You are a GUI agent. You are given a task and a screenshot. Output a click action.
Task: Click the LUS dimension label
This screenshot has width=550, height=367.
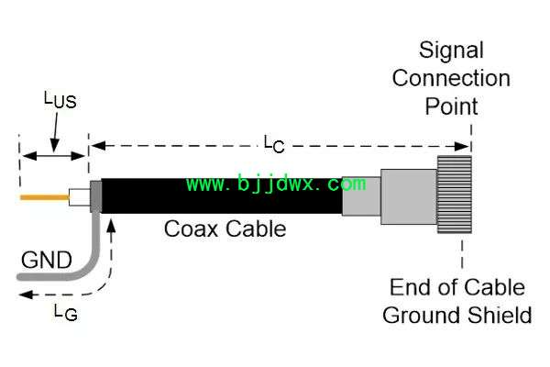click(60, 100)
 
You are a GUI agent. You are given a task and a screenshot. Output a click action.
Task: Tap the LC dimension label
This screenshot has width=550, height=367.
click(274, 144)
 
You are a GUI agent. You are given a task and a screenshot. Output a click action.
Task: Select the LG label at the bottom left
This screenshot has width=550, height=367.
click(66, 313)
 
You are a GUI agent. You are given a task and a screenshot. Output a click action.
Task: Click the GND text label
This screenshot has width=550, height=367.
click(47, 261)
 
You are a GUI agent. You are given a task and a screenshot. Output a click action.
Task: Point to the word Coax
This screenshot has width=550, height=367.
click(192, 228)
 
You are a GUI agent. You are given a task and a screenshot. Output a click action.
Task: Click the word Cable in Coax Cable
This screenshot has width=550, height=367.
click(256, 228)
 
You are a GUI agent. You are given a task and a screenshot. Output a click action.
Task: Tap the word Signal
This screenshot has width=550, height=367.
click(451, 51)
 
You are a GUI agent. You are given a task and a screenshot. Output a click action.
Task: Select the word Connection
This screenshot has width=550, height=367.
click(451, 78)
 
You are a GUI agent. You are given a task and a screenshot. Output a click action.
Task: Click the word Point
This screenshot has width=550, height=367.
click(451, 106)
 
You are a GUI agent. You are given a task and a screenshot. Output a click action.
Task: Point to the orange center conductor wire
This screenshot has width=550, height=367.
click(45, 198)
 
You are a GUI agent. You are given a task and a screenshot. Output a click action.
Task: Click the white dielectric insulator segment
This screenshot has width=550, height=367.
click(80, 197)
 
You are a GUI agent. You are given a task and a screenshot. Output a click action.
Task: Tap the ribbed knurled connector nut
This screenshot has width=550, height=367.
click(455, 195)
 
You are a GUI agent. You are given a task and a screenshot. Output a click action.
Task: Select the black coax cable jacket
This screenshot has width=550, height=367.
click(222, 196)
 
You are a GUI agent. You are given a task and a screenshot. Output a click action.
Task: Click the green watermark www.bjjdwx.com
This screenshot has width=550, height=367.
click(276, 183)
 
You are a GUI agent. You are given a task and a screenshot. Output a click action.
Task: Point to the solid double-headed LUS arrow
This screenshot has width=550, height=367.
click(54, 156)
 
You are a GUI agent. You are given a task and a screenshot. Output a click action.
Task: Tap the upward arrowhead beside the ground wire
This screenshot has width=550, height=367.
click(112, 226)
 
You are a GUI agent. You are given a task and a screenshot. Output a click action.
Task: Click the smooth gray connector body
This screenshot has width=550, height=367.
click(409, 196)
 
